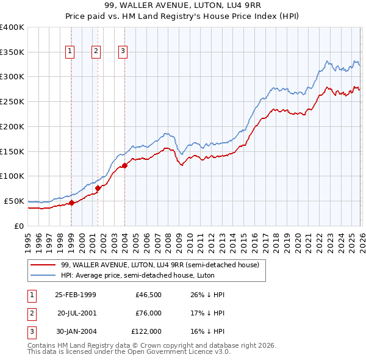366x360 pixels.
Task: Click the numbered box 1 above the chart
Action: coord(71,51)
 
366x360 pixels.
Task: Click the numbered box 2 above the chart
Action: coord(96,51)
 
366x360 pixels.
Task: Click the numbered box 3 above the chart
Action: coord(123,51)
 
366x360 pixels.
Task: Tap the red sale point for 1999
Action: coord(71,203)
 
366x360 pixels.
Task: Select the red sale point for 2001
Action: coord(98,188)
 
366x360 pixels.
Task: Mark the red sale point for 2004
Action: coord(124,165)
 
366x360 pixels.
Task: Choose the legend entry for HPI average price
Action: coord(134,275)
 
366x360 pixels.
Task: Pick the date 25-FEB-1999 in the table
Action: coord(75,295)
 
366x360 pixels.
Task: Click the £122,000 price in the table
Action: coord(146,331)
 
